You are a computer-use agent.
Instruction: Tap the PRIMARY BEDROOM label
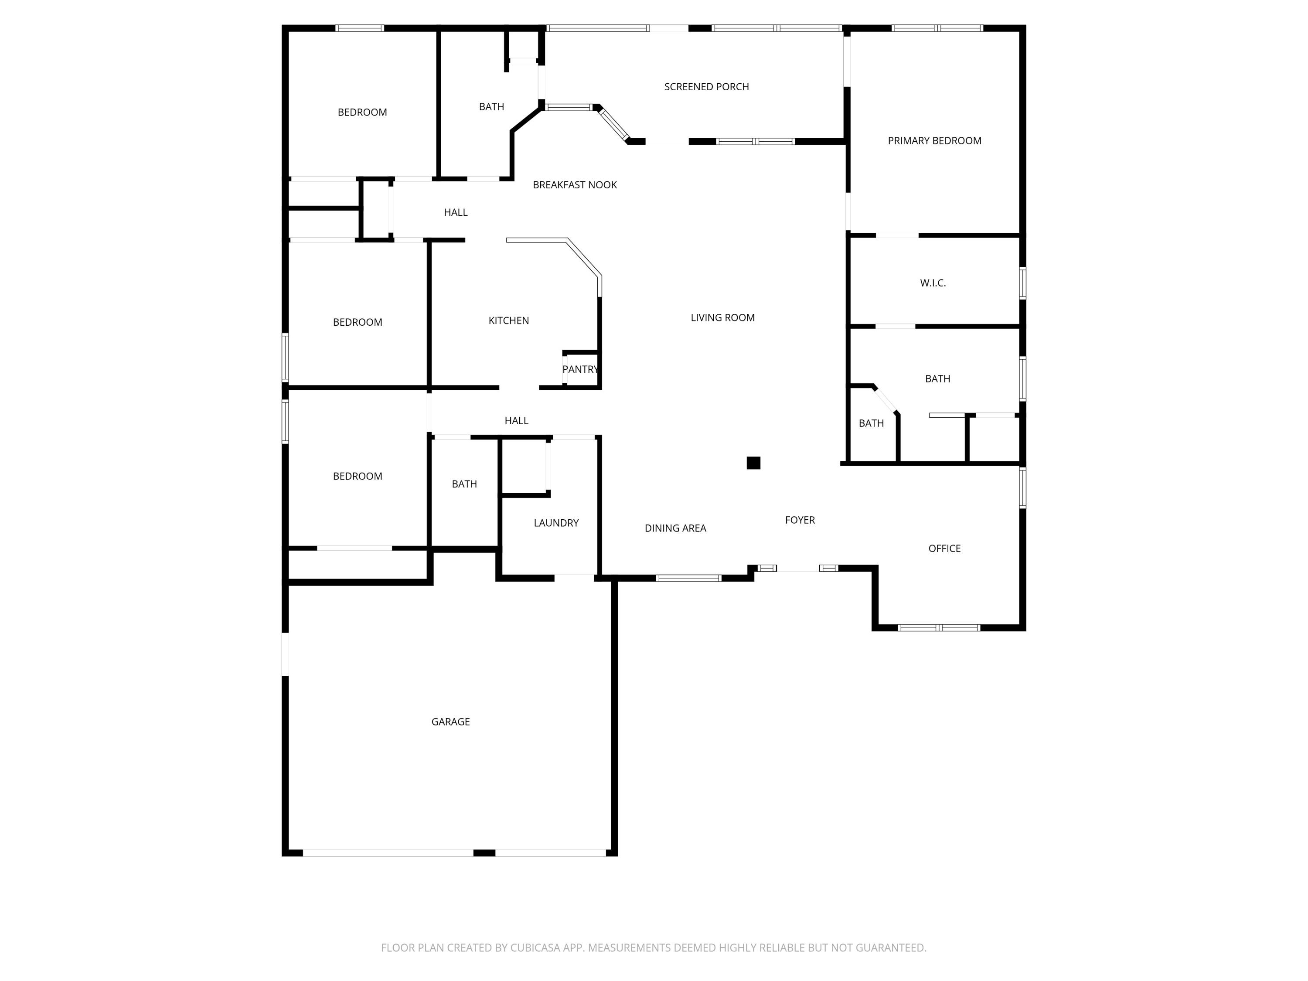click(x=934, y=141)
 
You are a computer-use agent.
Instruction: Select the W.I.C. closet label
click(x=933, y=283)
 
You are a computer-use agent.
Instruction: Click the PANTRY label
click(x=580, y=370)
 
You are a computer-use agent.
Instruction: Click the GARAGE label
click(x=450, y=722)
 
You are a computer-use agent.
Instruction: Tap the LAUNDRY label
click(x=556, y=523)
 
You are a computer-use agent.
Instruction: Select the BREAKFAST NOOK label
click(x=574, y=185)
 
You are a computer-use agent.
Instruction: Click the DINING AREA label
click(x=675, y=528)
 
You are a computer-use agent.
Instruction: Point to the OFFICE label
click(x=944, y=549)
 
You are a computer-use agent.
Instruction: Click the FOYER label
click(x=800, y=520)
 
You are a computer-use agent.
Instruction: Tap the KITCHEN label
click(x=508, y=320)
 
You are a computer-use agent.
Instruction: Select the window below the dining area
click(x=688, y=578)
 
